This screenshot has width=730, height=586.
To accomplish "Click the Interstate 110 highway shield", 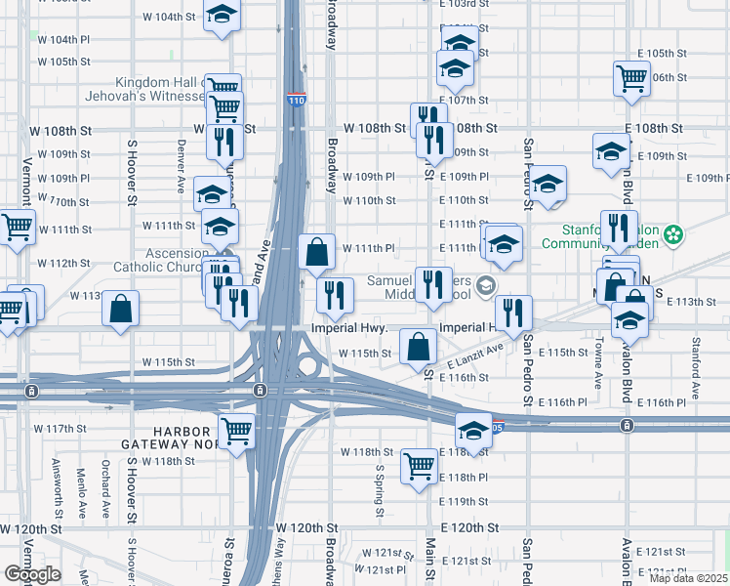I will tap(296, 101).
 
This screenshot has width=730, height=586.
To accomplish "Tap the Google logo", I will tap(32, 574).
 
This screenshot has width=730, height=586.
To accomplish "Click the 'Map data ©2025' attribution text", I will tap(688, 578).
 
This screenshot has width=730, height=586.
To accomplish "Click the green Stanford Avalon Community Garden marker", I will tap(672, 234).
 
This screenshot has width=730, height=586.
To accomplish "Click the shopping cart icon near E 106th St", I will tap(631, 77).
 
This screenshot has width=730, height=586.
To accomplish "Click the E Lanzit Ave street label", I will tap(475, 356).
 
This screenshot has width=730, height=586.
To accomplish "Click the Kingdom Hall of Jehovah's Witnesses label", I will tap(161, 89).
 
